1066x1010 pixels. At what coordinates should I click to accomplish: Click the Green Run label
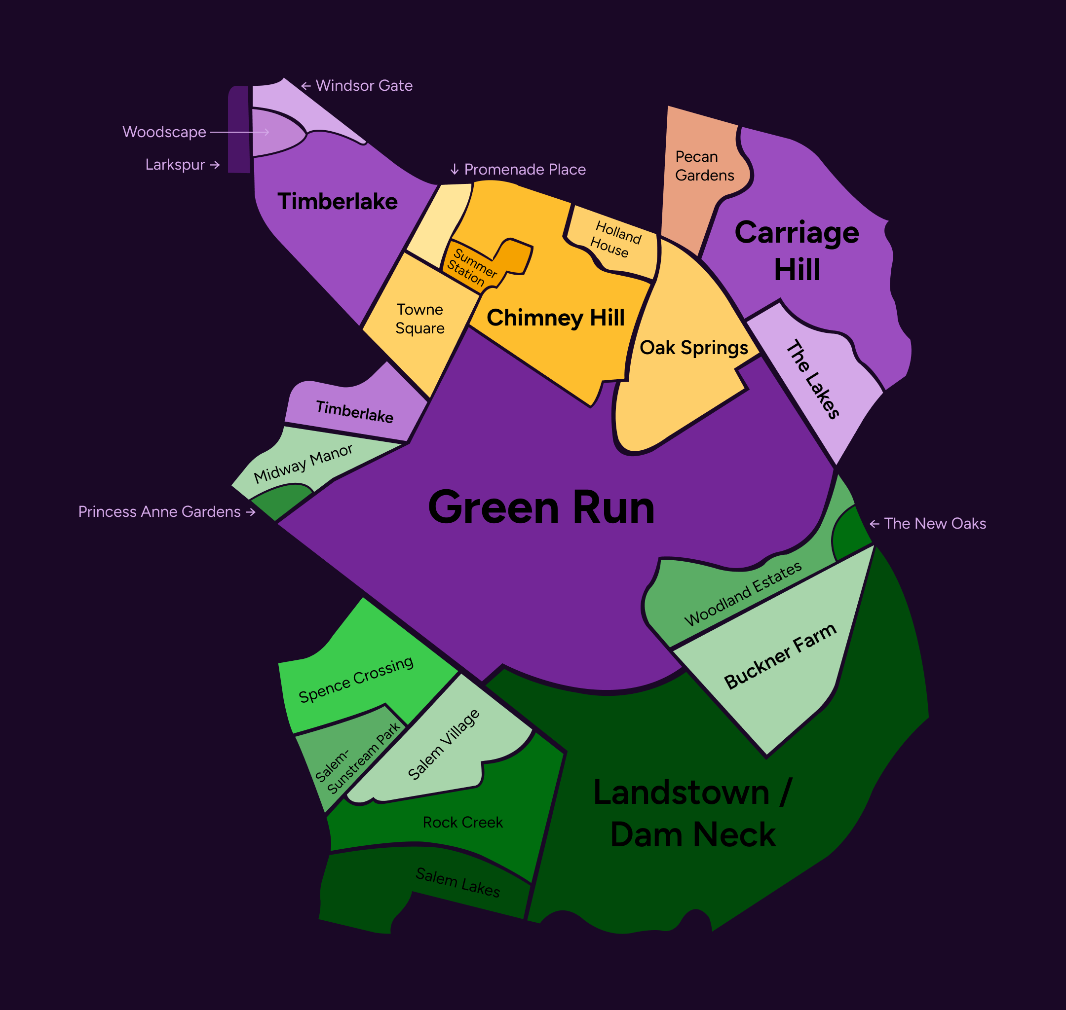point(541,507)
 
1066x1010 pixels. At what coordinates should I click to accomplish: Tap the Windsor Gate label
point(364,86)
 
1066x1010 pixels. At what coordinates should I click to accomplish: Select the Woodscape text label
point(164,132)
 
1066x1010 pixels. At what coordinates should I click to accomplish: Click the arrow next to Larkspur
point(215,165)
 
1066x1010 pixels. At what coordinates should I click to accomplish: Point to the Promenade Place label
point(525,170)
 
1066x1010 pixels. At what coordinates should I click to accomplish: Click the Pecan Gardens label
point(704,166)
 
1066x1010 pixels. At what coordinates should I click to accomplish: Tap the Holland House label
point(615,239)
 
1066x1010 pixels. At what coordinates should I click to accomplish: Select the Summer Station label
point(471,266)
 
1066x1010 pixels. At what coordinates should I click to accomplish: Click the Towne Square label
point(419,319)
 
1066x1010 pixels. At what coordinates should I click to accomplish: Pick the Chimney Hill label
point(555,318)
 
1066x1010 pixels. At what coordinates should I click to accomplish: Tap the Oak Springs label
point(693,348)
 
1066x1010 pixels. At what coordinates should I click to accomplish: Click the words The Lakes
point(813,379)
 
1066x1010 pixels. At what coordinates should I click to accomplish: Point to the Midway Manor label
point(303,463)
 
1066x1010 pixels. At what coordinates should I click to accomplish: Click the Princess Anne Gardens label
point(159,511)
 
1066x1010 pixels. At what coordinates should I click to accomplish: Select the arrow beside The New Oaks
point(874,524)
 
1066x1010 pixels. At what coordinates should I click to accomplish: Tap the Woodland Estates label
point(743,594)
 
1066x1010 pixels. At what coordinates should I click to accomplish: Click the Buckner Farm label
point(780,656)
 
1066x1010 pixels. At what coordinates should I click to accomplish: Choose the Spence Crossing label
point(356,679)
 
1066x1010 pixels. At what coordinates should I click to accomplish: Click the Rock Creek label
point(463,822)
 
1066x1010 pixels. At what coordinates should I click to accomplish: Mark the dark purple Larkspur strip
point(239,129)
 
